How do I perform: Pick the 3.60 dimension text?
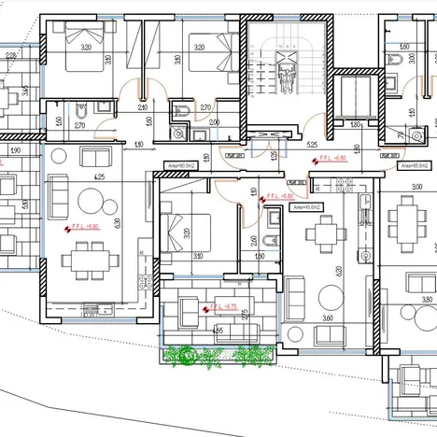pyautogui.click(x=327, y=318)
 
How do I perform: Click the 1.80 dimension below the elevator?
pyautogui.click(x=356, y=123)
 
